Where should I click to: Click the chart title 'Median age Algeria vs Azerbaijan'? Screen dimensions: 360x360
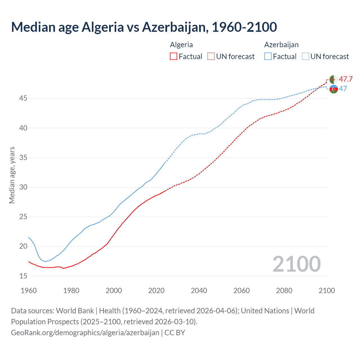coord(144,27)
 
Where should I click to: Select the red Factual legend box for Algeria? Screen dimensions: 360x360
coord(174,57)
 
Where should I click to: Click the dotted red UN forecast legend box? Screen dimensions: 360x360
coord(211,57)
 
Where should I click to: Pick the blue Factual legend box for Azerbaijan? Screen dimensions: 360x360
coord(268,57)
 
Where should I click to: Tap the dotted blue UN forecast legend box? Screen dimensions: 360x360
coord(305,57)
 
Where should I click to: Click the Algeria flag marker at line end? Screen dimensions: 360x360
coord(333,80)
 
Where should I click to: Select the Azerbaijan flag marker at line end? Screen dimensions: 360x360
coord(333,89)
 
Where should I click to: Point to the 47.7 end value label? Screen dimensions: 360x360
coord(346,79)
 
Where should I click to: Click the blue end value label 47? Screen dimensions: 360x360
coord(343,89)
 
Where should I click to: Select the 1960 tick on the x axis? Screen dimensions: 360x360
coord(29,291)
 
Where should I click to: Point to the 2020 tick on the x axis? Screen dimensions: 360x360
coord(156,291)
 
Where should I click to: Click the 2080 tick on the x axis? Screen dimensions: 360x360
coord(284,291)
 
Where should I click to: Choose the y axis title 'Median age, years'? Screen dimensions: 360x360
coord(12,175)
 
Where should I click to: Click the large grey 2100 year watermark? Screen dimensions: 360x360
coord(296,264)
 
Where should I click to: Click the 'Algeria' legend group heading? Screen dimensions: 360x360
coord(181,45)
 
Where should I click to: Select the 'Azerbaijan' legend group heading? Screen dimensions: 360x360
coord(281,45)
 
